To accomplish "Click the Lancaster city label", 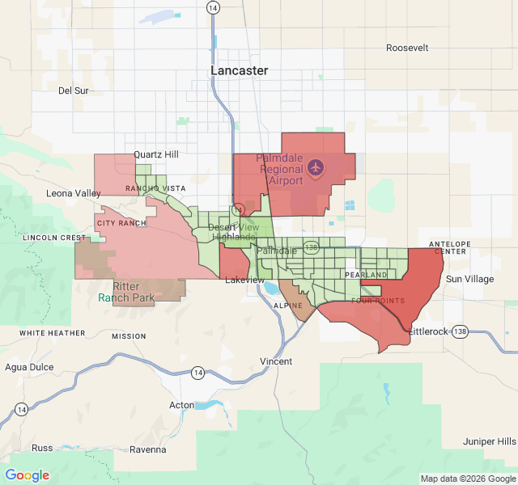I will pyautogui.click(x=239, y=70).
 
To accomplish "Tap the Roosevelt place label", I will pyautogui.click(x=406, y=48).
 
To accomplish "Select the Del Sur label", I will pyautogui.click(x=73, y=91).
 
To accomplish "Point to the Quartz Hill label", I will pyautogui.click(x=156, y=154).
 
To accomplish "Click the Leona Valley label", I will pyautogui.click(x=74, y=193).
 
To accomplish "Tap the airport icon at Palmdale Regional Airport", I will pyautogui.click(x=315, y=168).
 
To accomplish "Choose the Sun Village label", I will pyautogui.click(x=469, y=279).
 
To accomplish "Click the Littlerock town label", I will pyautogui.click(x=427, y=332).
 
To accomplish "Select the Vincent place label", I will pyautogui.click(x=276, y=361).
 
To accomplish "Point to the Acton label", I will pyautogui.click(x=181, y=405).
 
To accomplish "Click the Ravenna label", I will pyautogui.click(x=147, y=449).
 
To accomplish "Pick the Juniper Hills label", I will pyautogui.click(x=489, y=441).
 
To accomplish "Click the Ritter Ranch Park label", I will pyautogui.click(x=125, y=292).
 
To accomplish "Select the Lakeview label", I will pyautogui.click(x=244, y=280).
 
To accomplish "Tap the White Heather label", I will pyautogui.click(x=53, y=333).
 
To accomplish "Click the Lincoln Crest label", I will pyautogui.click(x=54, y=238).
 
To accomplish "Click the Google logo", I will pyautogui.click(x=28, y=475).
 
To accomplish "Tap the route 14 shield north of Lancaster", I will pyautogui.click(x=212, y=6).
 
